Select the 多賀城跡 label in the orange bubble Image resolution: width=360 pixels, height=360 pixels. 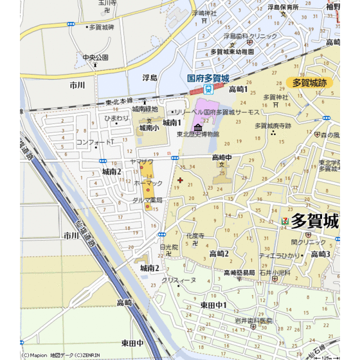309,82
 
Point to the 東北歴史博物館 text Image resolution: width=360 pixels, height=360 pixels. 198,134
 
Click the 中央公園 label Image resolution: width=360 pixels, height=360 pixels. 95,57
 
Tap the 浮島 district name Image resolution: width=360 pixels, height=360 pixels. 150,77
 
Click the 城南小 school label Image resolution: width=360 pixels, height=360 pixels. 149,128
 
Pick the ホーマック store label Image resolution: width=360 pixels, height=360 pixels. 148,183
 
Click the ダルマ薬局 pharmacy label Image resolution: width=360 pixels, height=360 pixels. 147,200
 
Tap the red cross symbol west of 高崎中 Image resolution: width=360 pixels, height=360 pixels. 179,180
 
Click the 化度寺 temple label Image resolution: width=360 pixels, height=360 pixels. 195,236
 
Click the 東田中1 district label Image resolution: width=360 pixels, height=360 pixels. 213,304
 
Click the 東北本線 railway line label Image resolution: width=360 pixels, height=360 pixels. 119,101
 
